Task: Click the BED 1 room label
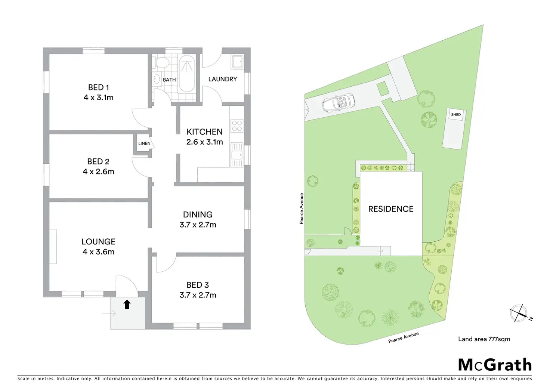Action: click(98, 87)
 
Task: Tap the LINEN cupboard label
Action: click(144, 143)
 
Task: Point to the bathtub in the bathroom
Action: click(186, 73)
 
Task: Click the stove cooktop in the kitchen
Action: click(237, 125)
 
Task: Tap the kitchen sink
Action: click(237, 155)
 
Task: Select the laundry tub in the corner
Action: click(237, 62)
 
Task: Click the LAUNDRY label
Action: click(222, 79)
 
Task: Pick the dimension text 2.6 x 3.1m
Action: click(204, 142)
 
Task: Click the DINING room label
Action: click(198, 214)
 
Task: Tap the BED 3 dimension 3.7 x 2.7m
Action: click(198, 295)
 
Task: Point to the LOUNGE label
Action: click(98, 242)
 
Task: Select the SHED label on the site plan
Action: click(456, 115)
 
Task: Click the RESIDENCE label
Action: click(391, 209)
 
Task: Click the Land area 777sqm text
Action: click(484, 339)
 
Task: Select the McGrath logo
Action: click(495, 365)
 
